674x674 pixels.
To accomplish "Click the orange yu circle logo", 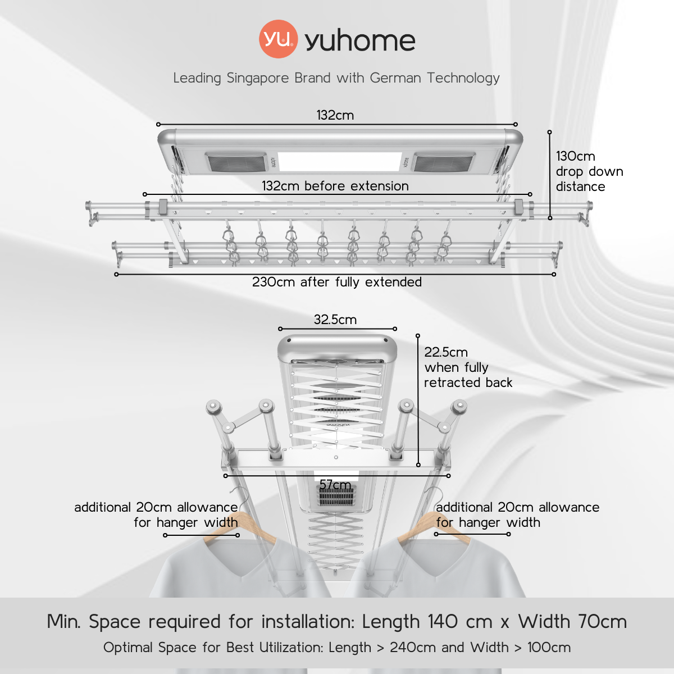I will point(278,39).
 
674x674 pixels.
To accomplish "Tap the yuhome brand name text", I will point(360,40).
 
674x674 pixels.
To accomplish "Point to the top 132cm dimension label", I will point(335,115).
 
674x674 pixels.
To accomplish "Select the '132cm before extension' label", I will point(335,186).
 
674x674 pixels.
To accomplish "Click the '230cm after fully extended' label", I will point(336,282).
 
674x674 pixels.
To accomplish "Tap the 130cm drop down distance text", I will point(589,171).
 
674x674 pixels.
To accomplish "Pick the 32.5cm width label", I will point(335,320).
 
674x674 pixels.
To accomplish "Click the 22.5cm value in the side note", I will point(446,352).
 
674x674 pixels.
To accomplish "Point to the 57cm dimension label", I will point(335,485).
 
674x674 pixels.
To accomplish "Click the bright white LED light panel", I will point(339,162).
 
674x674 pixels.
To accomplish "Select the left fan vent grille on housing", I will point(236,163).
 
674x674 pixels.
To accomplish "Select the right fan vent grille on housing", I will point(443,163).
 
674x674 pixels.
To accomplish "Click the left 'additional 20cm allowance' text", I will point(156,507).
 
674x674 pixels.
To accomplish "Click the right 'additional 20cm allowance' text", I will point(518,507).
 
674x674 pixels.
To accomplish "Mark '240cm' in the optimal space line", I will point(413,648).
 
